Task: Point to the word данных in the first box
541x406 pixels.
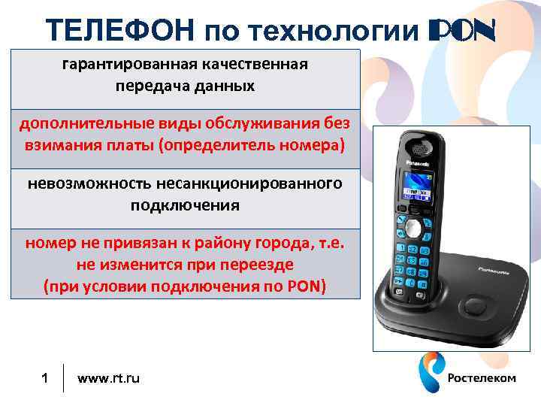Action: (x=222, y=86)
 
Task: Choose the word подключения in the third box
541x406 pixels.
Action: (x=185, y=205)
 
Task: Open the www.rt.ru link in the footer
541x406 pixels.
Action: (x=108, y=377)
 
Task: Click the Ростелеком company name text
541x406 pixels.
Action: (x=482, y=377)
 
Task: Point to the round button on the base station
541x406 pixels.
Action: (x=474, y=308)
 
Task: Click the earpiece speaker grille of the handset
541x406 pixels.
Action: (x=416, y=144)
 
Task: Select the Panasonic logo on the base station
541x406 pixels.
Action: (x=491, y=267)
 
